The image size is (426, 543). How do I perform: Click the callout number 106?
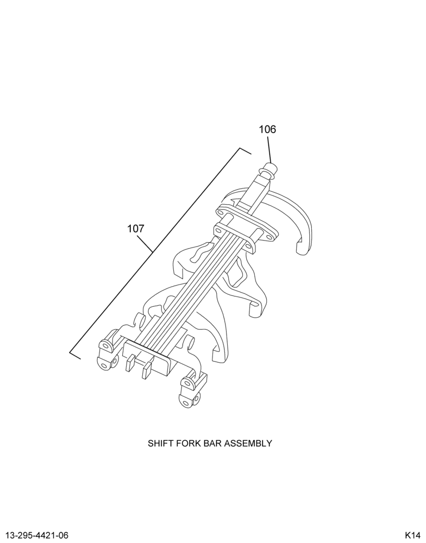(x=267, y=130)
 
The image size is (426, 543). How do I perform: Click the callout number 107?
(x=135, y=229)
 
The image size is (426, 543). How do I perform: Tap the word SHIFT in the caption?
(x=159, y=443)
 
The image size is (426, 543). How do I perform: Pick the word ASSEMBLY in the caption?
(x=248, y=443)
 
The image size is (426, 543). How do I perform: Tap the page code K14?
(x=412, y=535)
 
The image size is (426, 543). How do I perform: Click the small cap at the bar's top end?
(x=270, y=169)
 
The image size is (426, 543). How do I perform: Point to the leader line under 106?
(x=268, y=150)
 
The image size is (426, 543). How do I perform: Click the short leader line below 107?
(x=145, y=243)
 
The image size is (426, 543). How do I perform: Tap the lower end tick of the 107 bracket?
(x=75, y=355)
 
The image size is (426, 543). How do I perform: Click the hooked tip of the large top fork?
(x=301, y=247)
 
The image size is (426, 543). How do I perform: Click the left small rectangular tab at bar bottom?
(x=130, y=364)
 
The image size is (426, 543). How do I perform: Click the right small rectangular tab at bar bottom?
(x=147, y=370)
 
